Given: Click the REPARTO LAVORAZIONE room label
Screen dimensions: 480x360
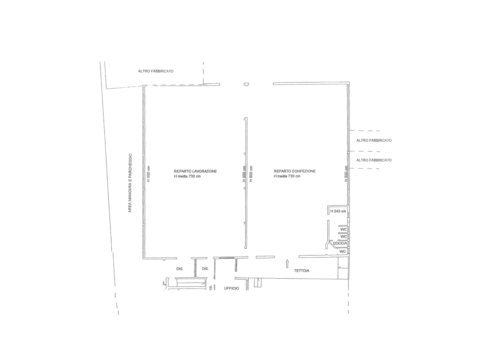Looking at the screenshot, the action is click(195, 171).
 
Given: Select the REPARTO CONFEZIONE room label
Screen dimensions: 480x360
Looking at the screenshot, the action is click(294, 171).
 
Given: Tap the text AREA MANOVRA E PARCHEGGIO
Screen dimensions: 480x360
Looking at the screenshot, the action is click(130, 183).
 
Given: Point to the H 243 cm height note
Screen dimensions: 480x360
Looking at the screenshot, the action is click(338, 211).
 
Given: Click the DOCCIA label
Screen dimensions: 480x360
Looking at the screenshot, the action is click(340, 243).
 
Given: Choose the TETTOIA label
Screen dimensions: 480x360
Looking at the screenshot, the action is click(301, 271).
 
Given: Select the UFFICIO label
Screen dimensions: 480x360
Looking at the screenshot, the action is click(232, 288).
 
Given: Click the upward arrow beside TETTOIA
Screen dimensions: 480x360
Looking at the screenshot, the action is click(287, 264).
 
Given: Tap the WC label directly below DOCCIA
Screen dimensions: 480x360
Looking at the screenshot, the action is click(343, 252).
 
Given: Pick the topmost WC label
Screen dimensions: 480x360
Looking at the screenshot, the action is click(343, 229).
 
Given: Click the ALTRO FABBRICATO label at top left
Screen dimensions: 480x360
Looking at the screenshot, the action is click(156, 71).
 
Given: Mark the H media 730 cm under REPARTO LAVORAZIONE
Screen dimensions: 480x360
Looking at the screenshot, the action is click(187, 176).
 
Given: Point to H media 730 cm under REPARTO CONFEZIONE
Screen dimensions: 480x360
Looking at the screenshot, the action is click(287, 176).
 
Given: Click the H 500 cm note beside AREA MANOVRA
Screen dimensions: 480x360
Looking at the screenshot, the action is click(149, 174).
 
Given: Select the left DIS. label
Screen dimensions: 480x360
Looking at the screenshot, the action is click(180, 269).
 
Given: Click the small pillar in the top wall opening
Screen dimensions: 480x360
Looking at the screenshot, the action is click(246, 84).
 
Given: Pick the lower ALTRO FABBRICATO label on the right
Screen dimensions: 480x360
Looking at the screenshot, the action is click(374, 160).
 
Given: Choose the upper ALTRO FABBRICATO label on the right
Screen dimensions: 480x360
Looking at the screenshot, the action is click(374, 141).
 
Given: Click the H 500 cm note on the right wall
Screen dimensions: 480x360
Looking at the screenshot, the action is click(346, 174).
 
